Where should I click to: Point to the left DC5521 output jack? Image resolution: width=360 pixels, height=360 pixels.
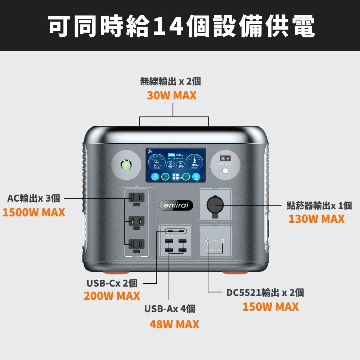click(207, 241)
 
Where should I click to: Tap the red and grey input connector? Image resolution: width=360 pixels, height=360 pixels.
click(226, 158)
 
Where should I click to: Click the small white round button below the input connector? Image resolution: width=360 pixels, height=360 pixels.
click(226, 171)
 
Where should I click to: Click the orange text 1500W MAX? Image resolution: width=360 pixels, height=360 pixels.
click(34, 212)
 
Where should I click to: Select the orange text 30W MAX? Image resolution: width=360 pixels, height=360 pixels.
click(172, 96)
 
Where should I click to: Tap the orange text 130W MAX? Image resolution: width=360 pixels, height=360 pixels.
click(316, 219)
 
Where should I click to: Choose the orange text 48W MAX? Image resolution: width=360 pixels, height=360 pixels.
click(174, 324)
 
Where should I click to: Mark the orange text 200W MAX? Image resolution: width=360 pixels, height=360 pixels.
click(112, 296)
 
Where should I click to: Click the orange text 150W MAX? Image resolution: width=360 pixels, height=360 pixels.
click(270, 307)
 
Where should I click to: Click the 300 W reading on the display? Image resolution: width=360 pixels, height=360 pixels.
click(194, 165)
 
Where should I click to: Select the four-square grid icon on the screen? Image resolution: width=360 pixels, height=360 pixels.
click(176, 177)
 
